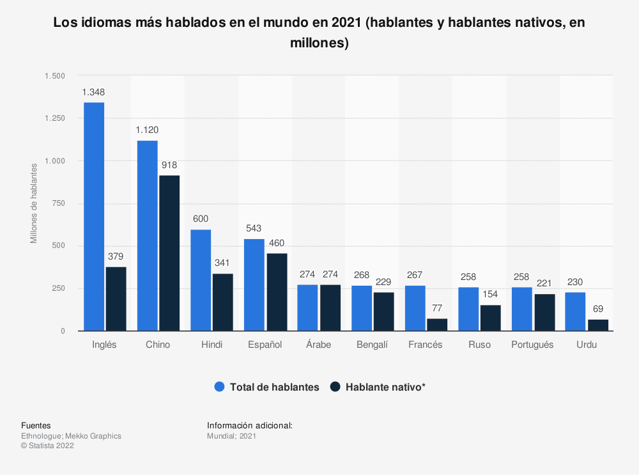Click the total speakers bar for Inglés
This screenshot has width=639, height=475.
94,217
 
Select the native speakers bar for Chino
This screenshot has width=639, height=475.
169,253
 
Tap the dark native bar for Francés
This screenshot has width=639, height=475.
437,325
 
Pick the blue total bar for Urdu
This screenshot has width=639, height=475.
575,311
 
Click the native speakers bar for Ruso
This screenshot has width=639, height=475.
491,318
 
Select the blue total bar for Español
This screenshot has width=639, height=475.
254,285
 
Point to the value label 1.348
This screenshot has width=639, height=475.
93,92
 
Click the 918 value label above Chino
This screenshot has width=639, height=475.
169,165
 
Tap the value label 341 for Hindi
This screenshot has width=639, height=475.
222,263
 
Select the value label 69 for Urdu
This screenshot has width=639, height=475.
598,309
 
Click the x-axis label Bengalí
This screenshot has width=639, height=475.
372,345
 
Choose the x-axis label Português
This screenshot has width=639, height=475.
532,345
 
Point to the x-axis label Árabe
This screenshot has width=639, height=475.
318,345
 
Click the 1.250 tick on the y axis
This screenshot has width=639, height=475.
55,118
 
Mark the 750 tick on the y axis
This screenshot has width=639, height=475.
58,203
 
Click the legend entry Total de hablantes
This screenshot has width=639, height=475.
266,387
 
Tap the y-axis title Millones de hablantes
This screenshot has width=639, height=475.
35,203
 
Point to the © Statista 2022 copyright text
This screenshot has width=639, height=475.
47,446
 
